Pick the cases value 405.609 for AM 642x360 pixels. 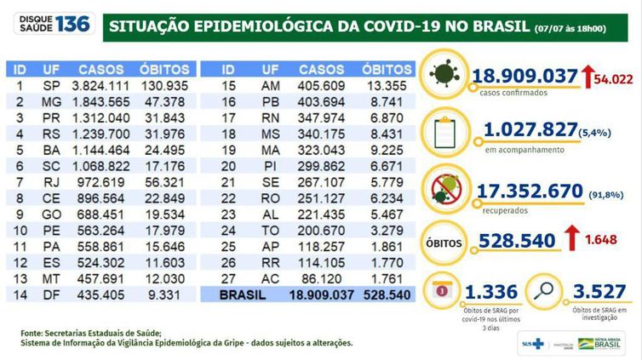point(322,86)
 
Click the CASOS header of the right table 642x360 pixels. point(322,67)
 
